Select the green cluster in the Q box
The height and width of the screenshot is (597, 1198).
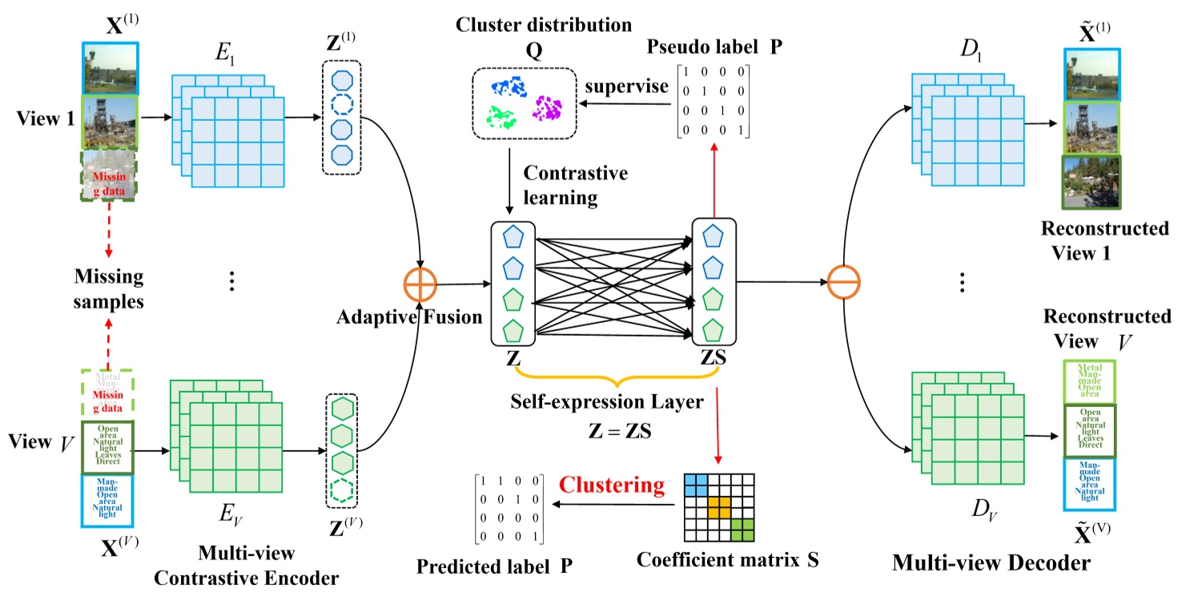[x=502, y=118]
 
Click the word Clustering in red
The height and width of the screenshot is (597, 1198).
[x=612, y=486]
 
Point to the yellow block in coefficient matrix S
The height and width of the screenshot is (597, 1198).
[x=718, y=506]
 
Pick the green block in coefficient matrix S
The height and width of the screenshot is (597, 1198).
[x=742, y=530]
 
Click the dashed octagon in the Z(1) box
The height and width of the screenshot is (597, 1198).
[x=342, y=105]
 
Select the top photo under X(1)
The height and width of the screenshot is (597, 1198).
[x=111, y=67]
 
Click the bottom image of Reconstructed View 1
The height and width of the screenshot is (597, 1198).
[x=1092, y=183]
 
